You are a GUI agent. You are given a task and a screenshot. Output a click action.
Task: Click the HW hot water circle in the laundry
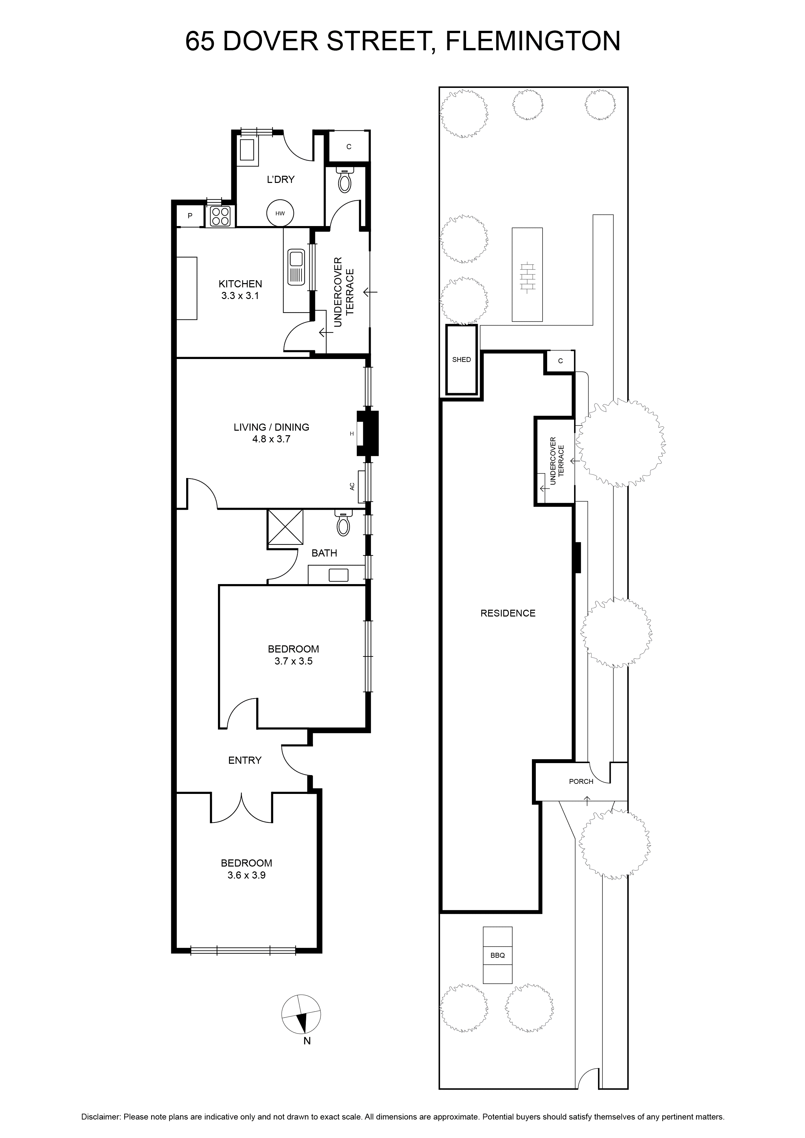pos(280,214)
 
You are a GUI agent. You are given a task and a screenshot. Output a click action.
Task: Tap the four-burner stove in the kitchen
pos(221,216)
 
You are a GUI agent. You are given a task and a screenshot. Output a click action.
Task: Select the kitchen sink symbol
pos(296,268)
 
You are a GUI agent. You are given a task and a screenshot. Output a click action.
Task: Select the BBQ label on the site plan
pos(497,955)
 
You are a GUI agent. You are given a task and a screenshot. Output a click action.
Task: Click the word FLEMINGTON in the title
pos(533,41)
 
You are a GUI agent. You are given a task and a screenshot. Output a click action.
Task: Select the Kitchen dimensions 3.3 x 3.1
pos(240,295)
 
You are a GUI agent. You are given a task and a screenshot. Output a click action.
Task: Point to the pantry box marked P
pos(190,216)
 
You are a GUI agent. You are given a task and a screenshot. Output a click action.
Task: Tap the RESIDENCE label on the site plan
pos(508,613)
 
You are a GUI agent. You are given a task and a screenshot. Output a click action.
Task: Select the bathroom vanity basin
pos(339,575)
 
